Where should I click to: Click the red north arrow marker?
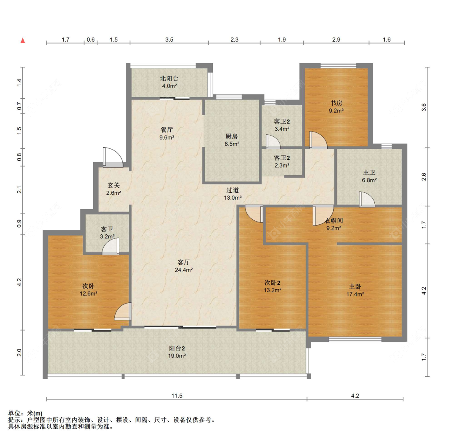point(23,40)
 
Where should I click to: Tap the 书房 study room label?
point(336,103)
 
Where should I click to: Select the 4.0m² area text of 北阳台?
point(169,86)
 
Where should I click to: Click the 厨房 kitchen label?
point(232,136)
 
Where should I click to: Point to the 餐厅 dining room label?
point(167,130)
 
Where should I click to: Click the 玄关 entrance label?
point(114,186)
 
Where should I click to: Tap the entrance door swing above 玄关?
point(113,157)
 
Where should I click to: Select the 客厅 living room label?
point(184,262)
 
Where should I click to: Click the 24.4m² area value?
point(184,270)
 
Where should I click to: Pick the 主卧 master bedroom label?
point(355,286)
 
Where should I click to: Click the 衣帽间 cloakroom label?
point(334,220)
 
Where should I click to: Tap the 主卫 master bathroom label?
point(369,172)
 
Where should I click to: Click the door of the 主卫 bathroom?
point(367,199)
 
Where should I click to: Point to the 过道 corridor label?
point(232,190)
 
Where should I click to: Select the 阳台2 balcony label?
point(177,348)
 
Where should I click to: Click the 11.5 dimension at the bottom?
point(177,396)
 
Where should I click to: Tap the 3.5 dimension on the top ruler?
point(169,40)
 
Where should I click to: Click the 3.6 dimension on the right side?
point(424,107)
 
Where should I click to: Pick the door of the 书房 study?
point(318,140)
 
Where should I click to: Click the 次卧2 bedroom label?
point(272,283)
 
